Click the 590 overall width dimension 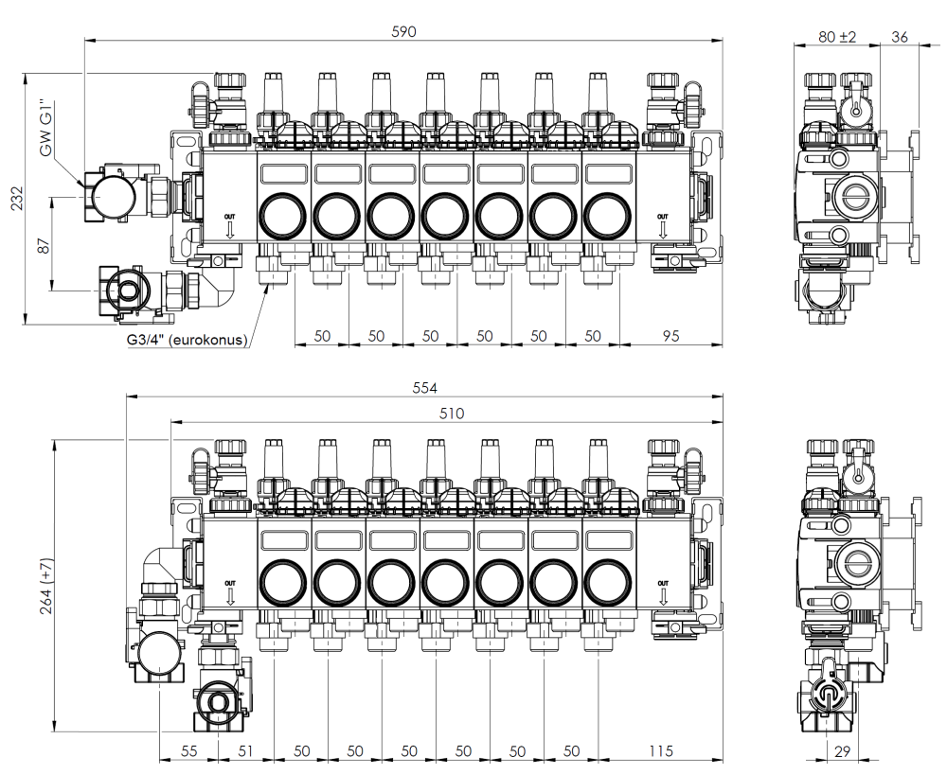coord(404,31)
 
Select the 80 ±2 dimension coord(837,37)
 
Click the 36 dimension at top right coord(899,37)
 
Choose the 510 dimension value coord(443,412)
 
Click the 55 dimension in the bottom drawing coord(188,751)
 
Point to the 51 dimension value coord(245,751)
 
